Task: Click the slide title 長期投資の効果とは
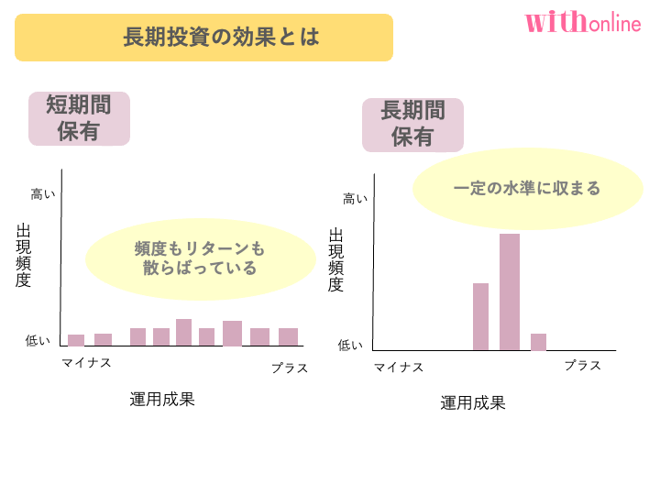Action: pos(203,38)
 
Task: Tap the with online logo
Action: pos(583,22)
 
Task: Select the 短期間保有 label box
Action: pos(79,118)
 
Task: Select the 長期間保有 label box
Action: pos(412,125)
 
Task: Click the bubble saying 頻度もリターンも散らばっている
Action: pos(200,258)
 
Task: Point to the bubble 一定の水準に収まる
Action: pos(527,189)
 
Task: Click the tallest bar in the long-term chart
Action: pos(510,291)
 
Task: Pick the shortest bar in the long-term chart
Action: pos(538,341)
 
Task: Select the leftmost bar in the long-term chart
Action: pos(480,316)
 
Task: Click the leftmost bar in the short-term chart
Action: pos(76,340)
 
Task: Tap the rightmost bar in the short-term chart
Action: pos(288,336)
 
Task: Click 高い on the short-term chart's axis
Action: pos(43,194)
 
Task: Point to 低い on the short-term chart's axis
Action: pos(38,341)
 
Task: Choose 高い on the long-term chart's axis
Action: pos(356,199)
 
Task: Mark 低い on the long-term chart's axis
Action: pos(351,346)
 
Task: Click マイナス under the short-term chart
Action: pos(86,363)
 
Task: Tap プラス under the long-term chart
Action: pos(583,366)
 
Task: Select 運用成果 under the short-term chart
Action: pos(162,400)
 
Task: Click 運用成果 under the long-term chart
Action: pos(473,403)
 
